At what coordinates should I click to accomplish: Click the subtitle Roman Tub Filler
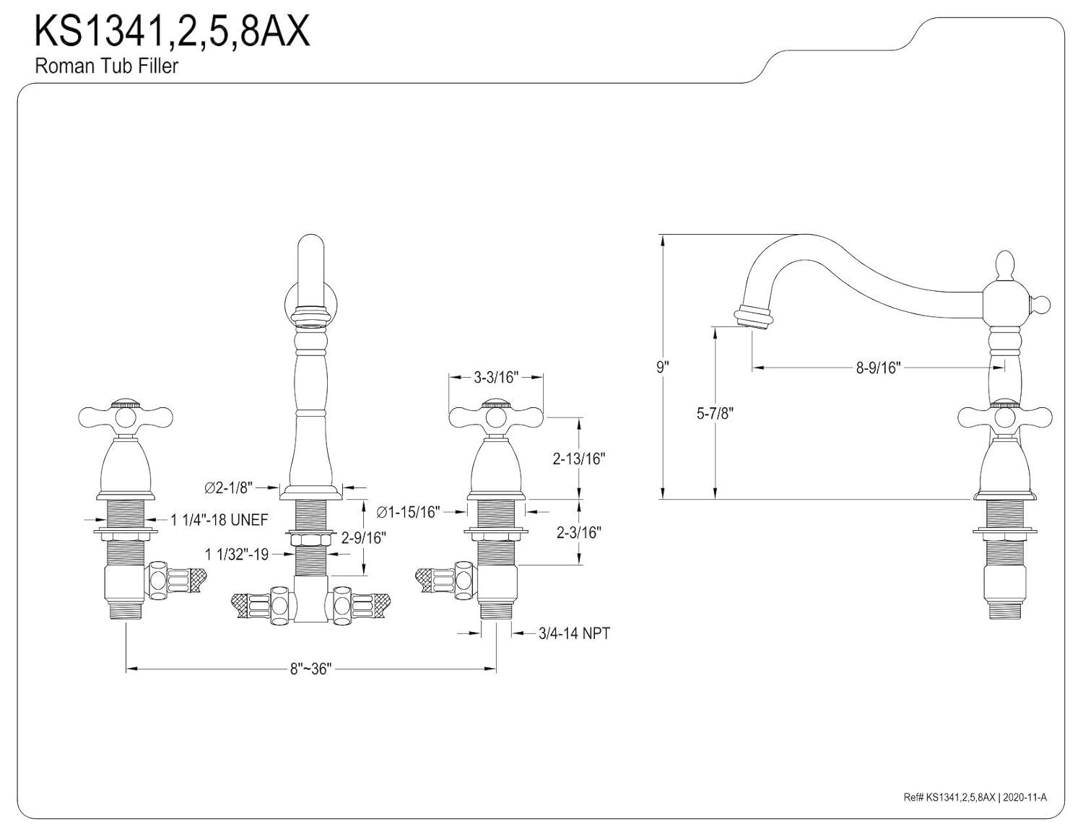point(107,66)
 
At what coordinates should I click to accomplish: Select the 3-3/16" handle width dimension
point(496,377)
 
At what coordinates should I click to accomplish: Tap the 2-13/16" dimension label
point(578,459)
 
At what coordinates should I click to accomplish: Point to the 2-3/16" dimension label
point(578,532)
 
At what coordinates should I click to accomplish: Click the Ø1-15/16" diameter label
point(408,512)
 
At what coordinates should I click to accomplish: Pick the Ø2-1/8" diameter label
point(228,489)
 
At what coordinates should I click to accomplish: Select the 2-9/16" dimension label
point(363,537)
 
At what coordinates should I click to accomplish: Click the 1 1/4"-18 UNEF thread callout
point(219,519)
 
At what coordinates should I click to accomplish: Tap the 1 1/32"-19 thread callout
point(237,554)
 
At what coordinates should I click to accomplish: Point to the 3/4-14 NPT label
point(574,633)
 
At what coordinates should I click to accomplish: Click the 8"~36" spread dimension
point(310,669)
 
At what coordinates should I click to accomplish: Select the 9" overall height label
point(662,367)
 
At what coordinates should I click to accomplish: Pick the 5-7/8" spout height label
point(715,413)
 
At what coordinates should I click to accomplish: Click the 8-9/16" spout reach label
point(878,368)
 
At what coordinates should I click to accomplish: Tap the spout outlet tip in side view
point(753,319)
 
